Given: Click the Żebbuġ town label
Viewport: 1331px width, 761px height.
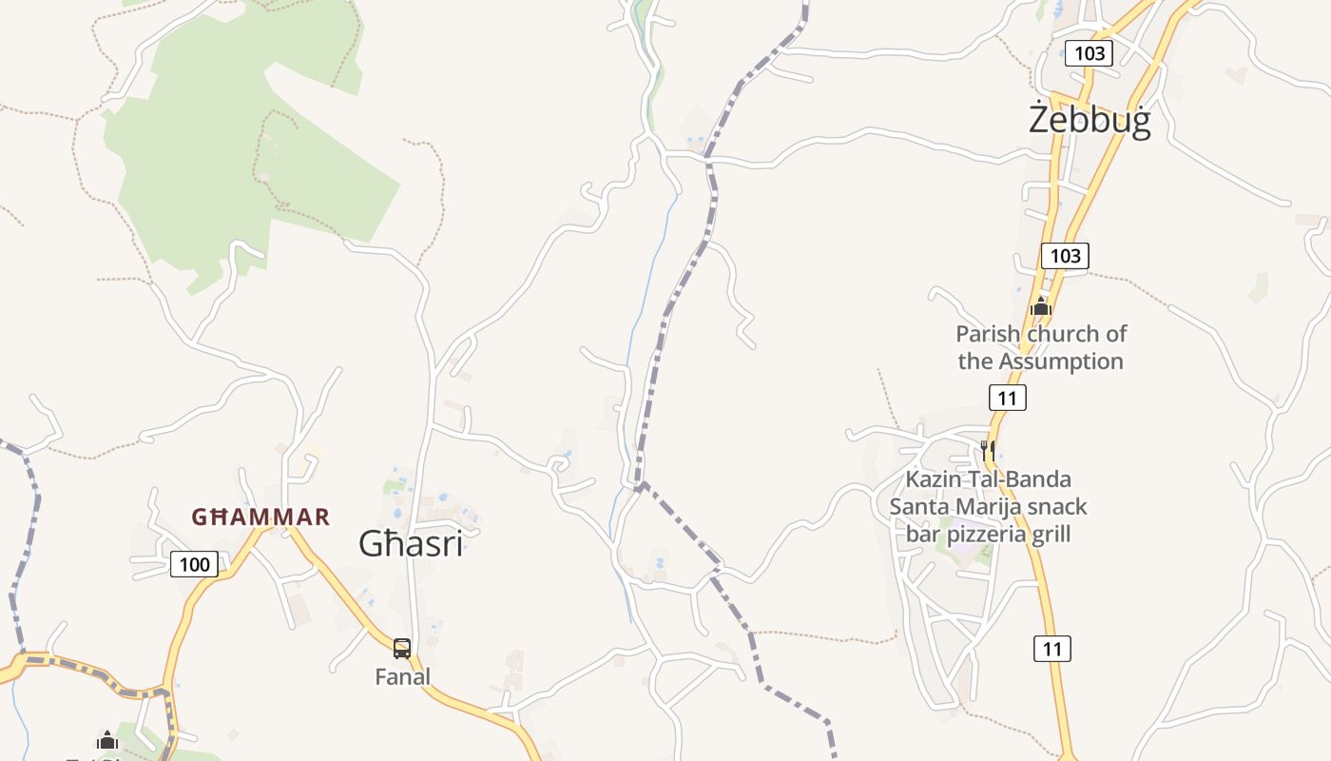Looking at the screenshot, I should (1090, 121).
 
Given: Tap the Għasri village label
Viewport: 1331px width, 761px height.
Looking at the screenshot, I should (411, 543).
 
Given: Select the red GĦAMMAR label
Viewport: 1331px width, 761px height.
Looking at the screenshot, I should (260, 517).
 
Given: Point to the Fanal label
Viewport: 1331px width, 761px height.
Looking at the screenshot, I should (402, 676).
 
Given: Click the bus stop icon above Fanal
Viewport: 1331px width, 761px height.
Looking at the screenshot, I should (402, 649).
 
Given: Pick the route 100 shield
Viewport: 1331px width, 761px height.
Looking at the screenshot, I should (194, 564).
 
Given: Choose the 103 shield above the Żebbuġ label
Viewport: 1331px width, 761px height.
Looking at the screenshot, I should (1089, 52).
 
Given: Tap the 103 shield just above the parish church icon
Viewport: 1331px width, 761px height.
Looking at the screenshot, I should (1065, 255).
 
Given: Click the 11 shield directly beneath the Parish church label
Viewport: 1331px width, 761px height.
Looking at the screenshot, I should (1007, 397).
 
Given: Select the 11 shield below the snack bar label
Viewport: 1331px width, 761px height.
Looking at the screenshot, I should (1051, 649).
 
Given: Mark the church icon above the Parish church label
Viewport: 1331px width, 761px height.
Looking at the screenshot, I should (1041, 306).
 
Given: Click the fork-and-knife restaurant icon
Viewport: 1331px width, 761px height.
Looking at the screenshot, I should (988, 449).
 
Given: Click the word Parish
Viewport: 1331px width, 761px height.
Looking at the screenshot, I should (987, 334).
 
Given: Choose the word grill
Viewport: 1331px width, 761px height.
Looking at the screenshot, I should (1049, 534).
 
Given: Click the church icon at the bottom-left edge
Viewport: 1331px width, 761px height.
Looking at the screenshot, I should (107, 740).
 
